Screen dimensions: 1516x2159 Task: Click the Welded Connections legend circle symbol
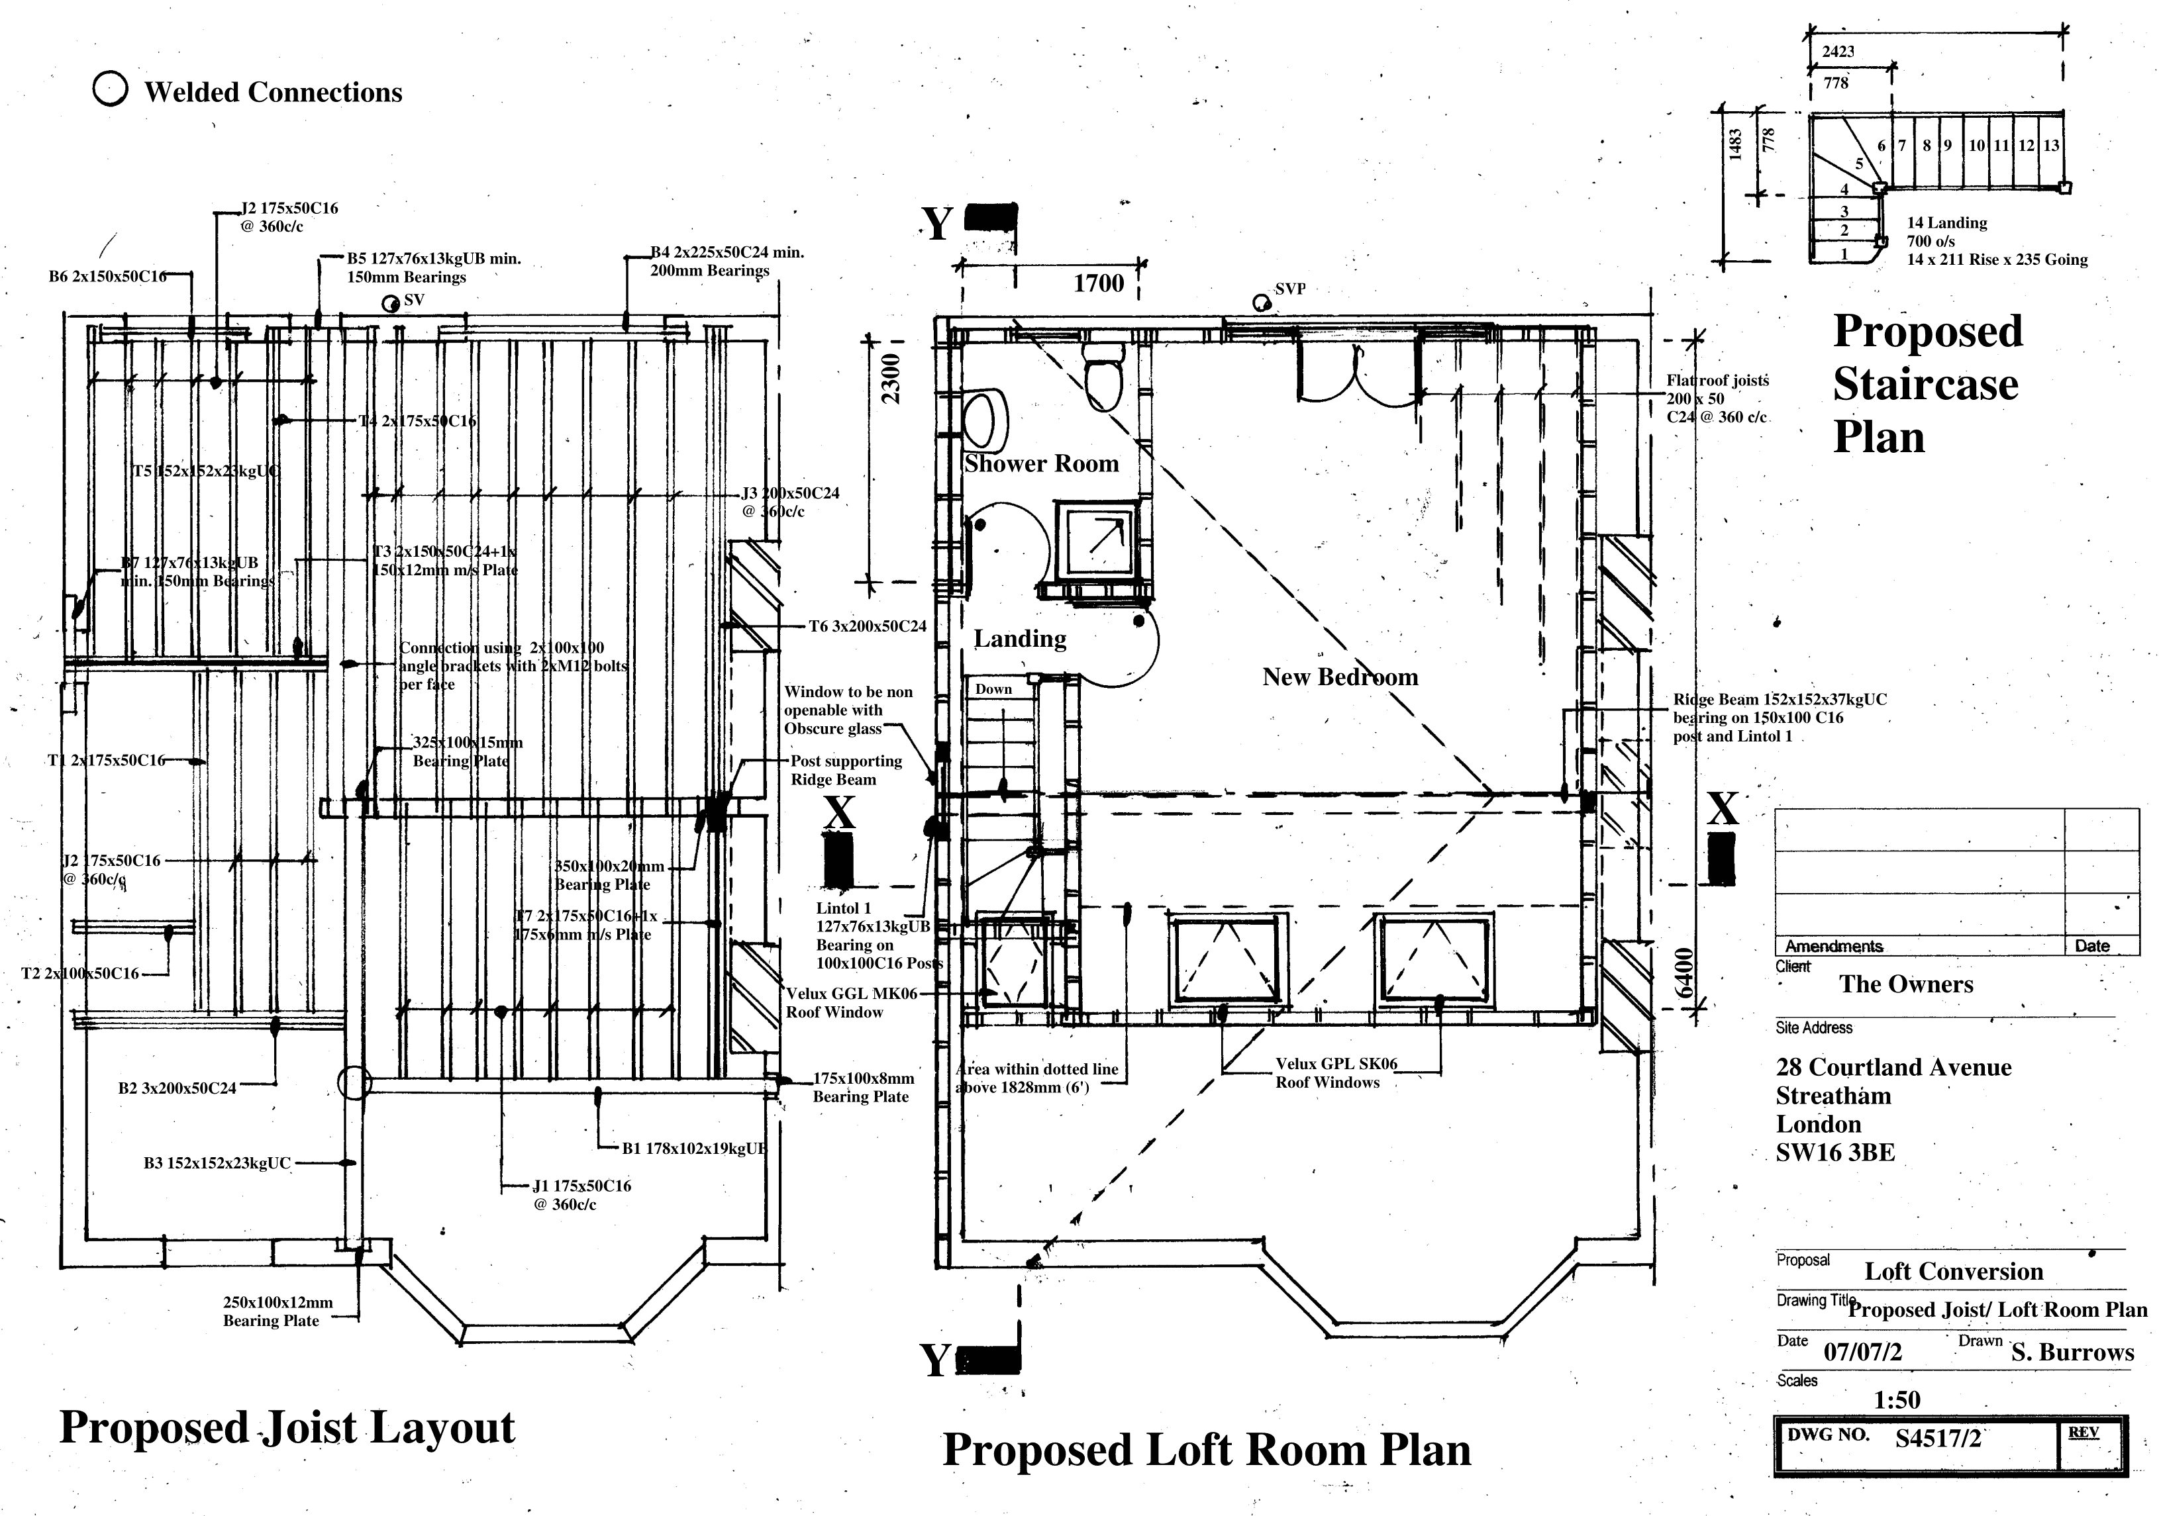[110, 89]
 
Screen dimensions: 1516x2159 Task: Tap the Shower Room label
[1041, 463]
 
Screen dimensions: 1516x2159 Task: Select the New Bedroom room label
[1339, 677]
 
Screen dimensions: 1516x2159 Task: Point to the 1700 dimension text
[1097, 283]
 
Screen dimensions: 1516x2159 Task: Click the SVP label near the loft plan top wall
[1289, 289]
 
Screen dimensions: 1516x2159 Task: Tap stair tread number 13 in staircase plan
[2051, 146]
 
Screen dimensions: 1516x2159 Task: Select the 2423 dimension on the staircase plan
[1838, 52]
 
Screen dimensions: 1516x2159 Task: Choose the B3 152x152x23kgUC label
[217, 1164]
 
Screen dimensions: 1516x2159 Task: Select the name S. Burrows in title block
[2072, 1352]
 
